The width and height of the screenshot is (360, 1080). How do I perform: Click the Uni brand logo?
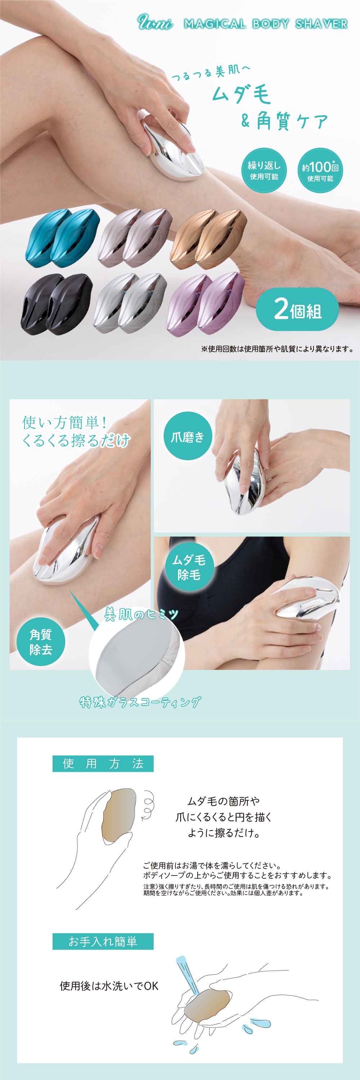click(x=155, y=23)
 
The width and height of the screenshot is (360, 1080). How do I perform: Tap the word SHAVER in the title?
click(x=321, y=24)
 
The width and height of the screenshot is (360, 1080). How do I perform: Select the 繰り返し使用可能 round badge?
click(x=264, y=170)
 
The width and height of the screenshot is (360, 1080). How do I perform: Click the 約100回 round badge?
click(x=320, y=170)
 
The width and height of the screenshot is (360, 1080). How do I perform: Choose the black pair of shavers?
click(x=57, y=304)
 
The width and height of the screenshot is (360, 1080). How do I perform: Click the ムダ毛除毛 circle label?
click(x=189, y=567)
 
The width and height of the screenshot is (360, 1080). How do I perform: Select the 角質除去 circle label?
click(x=41, y=642)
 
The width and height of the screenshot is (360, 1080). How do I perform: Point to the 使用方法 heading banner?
click(x=103, y=764)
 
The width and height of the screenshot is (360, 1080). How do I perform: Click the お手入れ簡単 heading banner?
click(x=103, y=942)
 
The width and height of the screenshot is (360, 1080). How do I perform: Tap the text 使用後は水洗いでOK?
click(x=109, y=986)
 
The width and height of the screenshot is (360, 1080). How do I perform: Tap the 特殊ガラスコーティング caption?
click(x=140, y=702)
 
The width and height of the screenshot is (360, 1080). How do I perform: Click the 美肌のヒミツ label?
click(x=141, y=615)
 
